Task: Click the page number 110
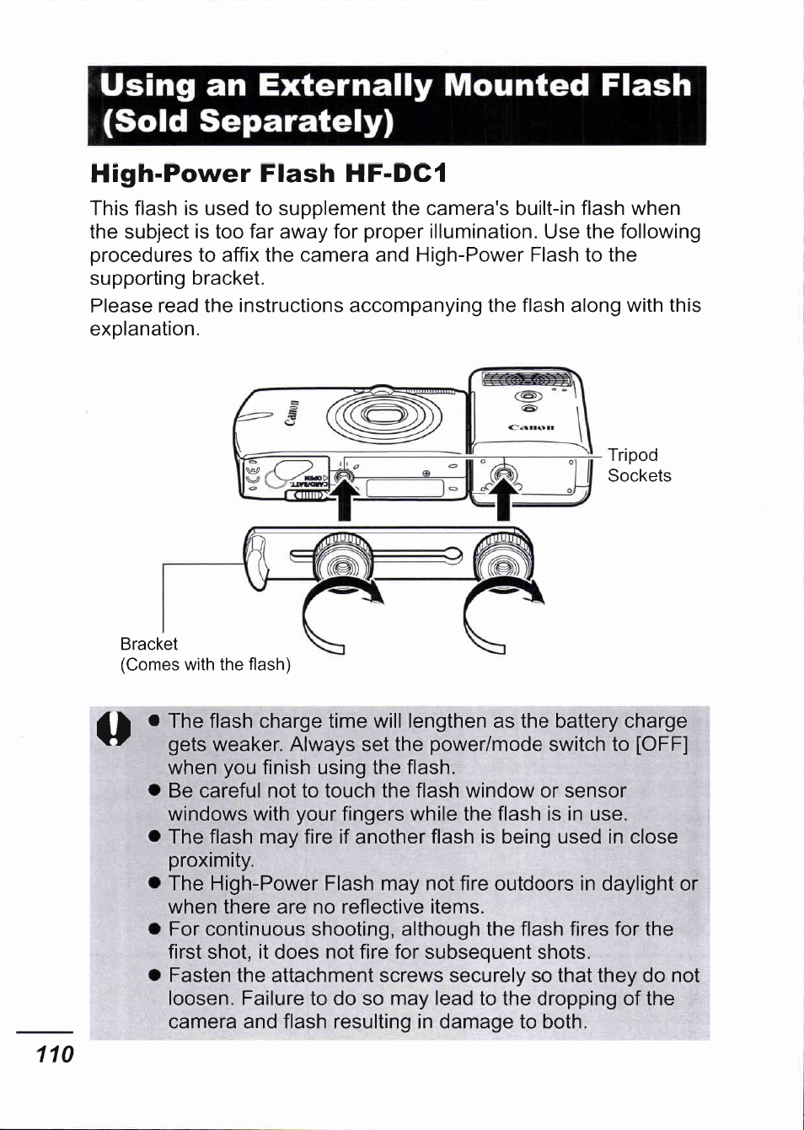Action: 55,1053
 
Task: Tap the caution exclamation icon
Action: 114,727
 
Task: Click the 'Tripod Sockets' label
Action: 639,465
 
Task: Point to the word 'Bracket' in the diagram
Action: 148,644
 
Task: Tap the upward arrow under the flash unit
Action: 503,498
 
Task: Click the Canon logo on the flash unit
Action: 531,427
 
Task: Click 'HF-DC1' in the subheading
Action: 395,174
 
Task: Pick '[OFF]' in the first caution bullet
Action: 662,744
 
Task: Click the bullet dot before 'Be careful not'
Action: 154,790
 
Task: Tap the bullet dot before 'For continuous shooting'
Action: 154,929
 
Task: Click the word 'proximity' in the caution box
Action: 211,860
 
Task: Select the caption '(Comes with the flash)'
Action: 205,665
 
